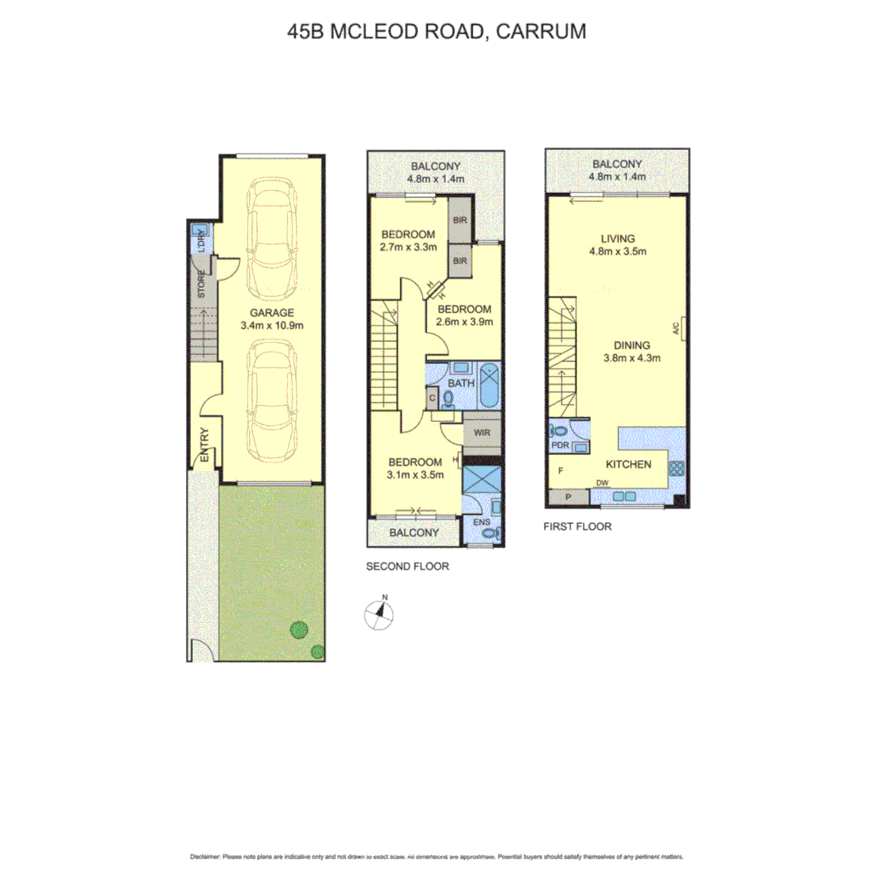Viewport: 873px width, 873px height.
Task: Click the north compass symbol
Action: click(378, 614)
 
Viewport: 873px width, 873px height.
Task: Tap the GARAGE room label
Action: click(271, 313)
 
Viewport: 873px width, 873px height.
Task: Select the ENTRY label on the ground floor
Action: click(204, 445)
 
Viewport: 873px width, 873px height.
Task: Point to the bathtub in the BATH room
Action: click(490, 387)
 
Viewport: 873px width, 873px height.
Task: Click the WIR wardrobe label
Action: click(483, 432)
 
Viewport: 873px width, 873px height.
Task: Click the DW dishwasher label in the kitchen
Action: click(602, 483)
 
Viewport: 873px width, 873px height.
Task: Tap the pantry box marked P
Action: click(567, 497)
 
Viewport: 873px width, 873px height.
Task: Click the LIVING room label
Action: click(618, 238)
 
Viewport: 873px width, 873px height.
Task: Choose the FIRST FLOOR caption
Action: click(578, 526)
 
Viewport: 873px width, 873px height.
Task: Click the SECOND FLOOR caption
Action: click(407, 567)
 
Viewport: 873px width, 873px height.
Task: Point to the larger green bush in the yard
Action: click(300, 627)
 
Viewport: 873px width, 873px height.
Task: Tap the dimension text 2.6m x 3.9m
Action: click(465, 322)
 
